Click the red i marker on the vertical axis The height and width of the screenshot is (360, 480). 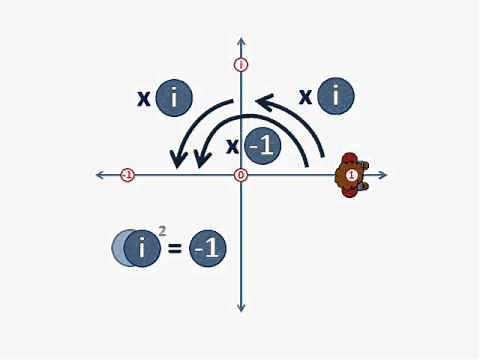[x=241, y=65]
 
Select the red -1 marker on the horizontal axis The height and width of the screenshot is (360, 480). [x=127, y=175]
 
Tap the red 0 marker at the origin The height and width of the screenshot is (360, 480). [x=241, y=175]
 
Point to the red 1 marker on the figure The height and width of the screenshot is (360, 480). [x=351, y=175]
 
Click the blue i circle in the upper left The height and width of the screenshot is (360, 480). [x=174, y=97]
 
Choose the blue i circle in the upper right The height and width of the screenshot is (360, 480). [x=336, y=96]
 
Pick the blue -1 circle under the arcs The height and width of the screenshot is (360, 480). [x=263, y=146]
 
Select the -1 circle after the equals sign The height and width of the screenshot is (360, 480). [x=207, y=248]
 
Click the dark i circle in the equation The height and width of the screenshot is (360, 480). [x=143, y=248]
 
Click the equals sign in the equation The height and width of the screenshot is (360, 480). [x=175, y=248]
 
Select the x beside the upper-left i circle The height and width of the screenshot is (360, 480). [x=144, y=98]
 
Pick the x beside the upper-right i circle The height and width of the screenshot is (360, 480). [x=306, y=97]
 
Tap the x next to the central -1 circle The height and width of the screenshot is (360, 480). [x=232, y=147]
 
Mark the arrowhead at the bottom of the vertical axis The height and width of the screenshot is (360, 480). [x=241, y=307]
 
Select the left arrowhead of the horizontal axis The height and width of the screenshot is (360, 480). [x=100, y=175]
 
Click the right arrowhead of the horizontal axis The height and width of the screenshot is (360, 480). [x=383, y=175]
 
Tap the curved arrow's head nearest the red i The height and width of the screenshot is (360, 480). [x=263, y=100]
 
